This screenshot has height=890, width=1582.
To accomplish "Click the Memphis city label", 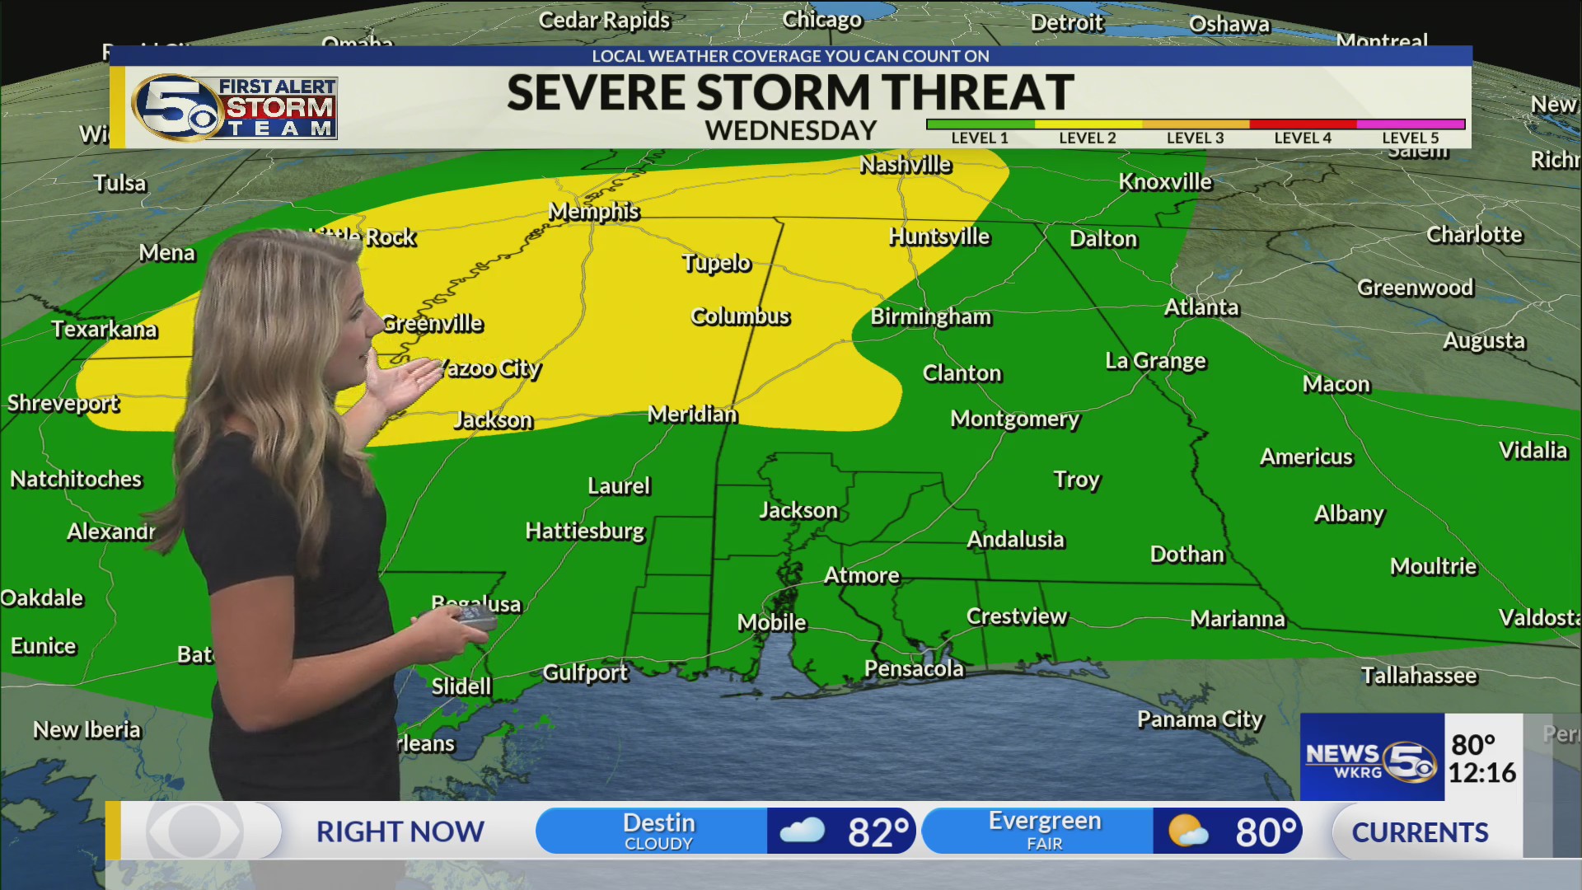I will point(593,212).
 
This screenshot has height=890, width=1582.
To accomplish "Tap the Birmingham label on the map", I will point(930,317).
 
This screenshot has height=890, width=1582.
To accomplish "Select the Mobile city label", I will point(771,622).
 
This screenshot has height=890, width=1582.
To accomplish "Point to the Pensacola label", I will point(913,668).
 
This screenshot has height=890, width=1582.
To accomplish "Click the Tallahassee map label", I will point(1418,676).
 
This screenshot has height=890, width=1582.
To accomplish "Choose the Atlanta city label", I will point(1201,307).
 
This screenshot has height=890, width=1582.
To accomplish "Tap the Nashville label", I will point(905,165).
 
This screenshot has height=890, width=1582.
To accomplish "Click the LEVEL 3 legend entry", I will point(1195,138).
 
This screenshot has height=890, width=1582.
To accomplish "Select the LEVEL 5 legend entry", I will point(1410,138).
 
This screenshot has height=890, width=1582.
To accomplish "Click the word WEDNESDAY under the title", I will point(790,131).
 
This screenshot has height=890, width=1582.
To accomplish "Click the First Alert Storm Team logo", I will point(235,107).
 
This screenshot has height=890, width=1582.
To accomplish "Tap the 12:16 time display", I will point(1481,773).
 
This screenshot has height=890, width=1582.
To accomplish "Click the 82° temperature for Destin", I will point(878,832).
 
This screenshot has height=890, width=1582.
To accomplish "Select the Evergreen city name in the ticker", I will point(1044,822).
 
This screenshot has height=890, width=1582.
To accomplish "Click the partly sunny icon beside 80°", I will point(1187,831).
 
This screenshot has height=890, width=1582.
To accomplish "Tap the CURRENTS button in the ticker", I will point(1419,832).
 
